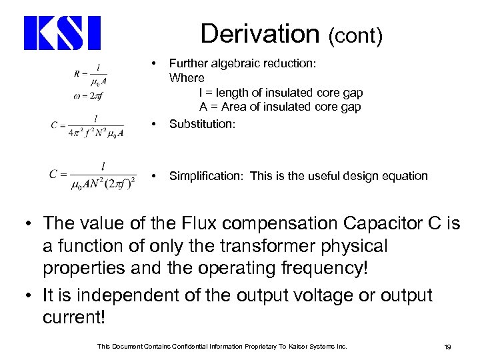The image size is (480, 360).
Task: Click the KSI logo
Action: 62,33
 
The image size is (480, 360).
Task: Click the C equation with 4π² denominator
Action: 87,124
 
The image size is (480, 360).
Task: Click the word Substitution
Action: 201,124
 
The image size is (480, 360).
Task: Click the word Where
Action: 187,78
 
